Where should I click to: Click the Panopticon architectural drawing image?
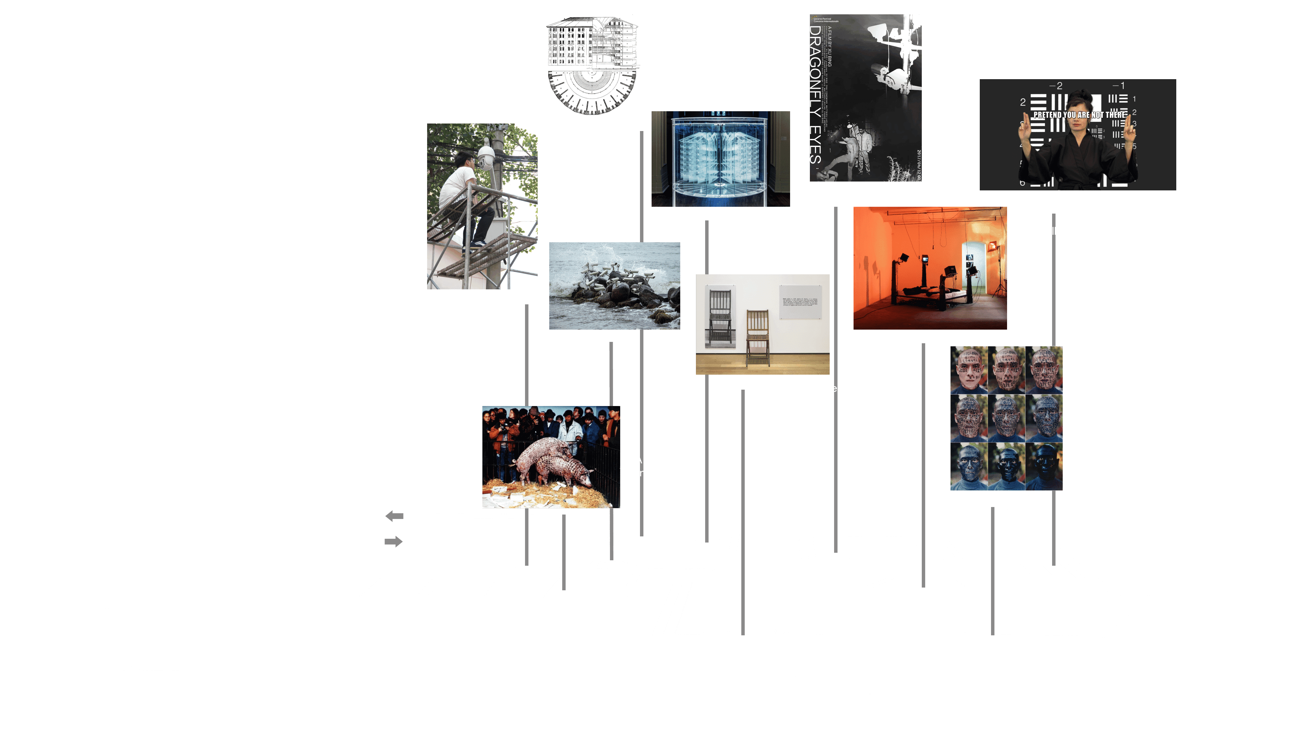pyautogui.click(x=593, y=66)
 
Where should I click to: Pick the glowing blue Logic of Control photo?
pyautogui.click(x=720, y=159)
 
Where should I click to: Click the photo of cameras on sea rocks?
pyautogui.click(x=614, y=286)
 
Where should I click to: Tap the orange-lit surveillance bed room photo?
pyautogui.click(x=930, y=268)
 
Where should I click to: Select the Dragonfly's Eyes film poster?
pyautogui.click(x=865, y=98)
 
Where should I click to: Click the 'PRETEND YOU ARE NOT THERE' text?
pyautogui.click(x=1079, y=115)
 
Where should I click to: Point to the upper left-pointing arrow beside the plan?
pyautogui.click(x=395, y=516)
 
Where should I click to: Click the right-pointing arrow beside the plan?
pyautogui.click(x=393, y=541)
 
